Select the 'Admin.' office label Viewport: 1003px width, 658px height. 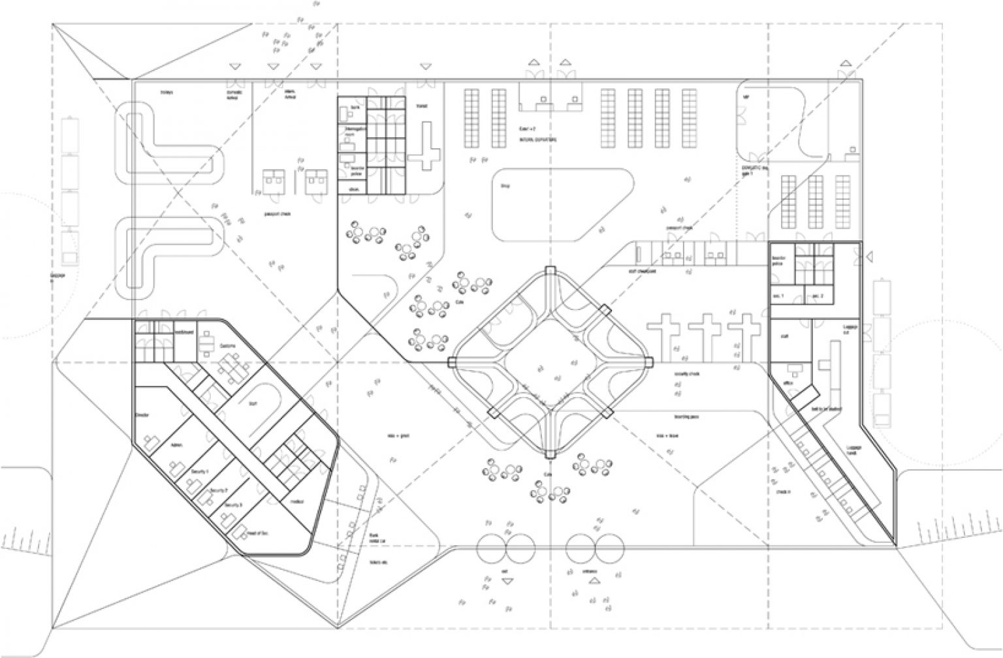pos(176,445)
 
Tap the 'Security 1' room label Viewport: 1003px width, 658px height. pos(199,471)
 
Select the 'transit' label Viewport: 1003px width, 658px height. pos(422,106)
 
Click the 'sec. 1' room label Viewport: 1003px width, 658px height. pos(778,296)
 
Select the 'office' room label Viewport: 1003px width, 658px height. pos(791,384)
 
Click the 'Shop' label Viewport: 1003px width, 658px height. pos(504,186)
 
